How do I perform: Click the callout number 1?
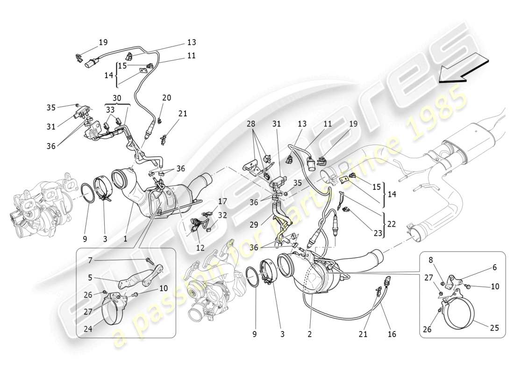click(125, 239)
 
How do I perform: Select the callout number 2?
click(309, 334)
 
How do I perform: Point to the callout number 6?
click(494, 268)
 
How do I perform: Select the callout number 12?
click(200, 248)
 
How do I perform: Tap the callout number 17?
click(222, 202)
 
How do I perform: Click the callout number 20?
click(167, 98)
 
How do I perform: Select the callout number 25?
click(494, 328)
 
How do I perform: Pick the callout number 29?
click(253, 224)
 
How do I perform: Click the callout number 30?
click(117, 99)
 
